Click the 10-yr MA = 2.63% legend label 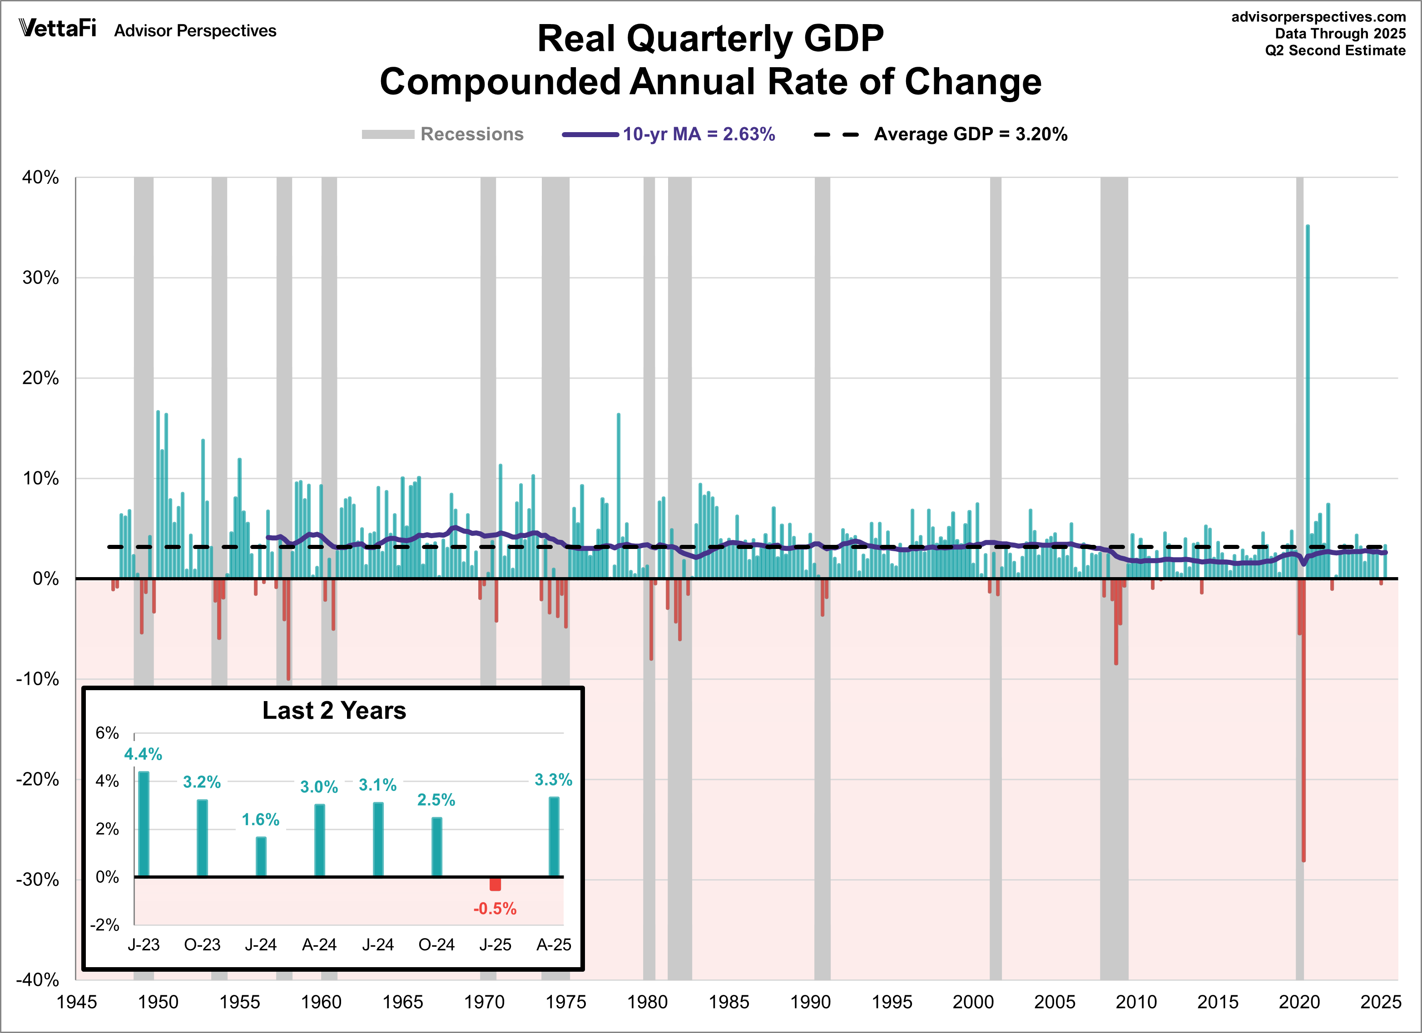pyautogui.click(x=699, y=134)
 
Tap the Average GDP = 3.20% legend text pyautogui.click(x=970, y=134)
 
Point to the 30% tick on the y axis pyautogui.click(x=41, y=278)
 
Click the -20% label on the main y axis pyautogui.click(x=38, y=779)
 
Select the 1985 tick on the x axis pyautogui.click(x=728, y=1002)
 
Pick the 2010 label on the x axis pyautogui.click(x=1136, y=1002)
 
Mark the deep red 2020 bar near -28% pyautogui.click(x=1303, y=752)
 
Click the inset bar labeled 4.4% pyautogui.click(x=144, y=824)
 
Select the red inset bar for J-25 pyautogui.click(x=495, y=884)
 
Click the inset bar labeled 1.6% pyautogui.click(x=261, y=857)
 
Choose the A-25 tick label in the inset pyautogui.click(x=554, y=944)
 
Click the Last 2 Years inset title pyautogui.click(x=334, y=711)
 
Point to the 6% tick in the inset pyautogui.click(x=107, y=733)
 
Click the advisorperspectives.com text pyautogui.click(x=1318, y=17)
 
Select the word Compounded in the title pyautogui.click(x=500, y=82)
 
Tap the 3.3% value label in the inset pyautogui.click(x=553, y=780)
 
